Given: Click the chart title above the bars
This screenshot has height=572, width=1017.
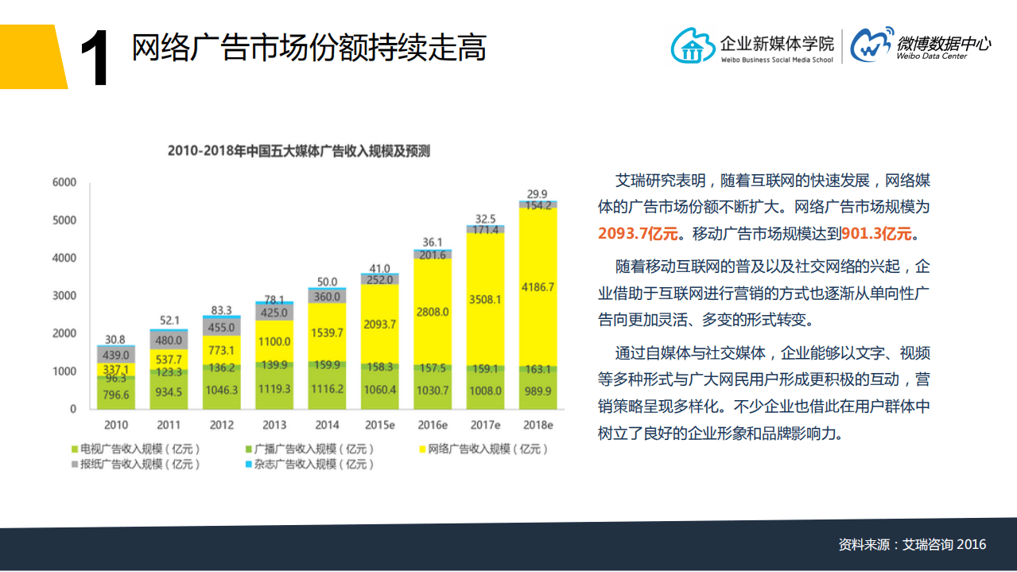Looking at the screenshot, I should (x=298, y=151).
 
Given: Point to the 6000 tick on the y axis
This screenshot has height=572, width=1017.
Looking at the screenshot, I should (x=64, y=182).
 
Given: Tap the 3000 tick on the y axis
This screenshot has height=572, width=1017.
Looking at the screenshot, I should (x=64, y=296).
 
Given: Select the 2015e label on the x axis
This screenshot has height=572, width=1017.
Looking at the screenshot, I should (x=379, y=425).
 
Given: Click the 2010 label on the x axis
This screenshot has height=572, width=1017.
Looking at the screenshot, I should (x=115, y=425).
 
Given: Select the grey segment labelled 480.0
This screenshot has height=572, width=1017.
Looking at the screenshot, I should (x=169, y=340).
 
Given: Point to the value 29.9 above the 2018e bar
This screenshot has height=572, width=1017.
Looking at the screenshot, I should (x=538, y=193).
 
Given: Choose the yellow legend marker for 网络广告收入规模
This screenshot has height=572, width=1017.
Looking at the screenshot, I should (x=422, y=449).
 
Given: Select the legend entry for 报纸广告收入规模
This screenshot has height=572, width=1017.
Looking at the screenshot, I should (x=135, y=464).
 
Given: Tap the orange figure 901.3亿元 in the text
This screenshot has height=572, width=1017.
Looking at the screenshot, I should (x=877, y=234).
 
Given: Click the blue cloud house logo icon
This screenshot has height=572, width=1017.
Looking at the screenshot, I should (x=693, y=45).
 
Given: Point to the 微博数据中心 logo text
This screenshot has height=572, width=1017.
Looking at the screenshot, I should (x=943, y=44).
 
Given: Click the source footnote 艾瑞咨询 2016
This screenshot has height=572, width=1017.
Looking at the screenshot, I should (x=944, y=545).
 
